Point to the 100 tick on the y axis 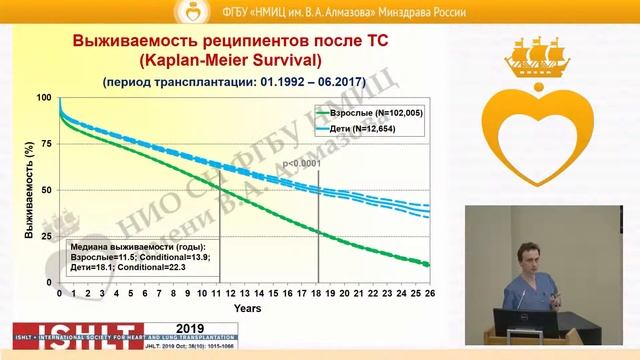[x=44, y=97]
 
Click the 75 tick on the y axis [x=46, y=143]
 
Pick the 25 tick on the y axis [x=46, y=236]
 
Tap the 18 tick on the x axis [x=318, y=295]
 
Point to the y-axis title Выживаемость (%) [x=17, y=190]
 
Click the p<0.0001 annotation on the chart [x=303, y=163]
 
